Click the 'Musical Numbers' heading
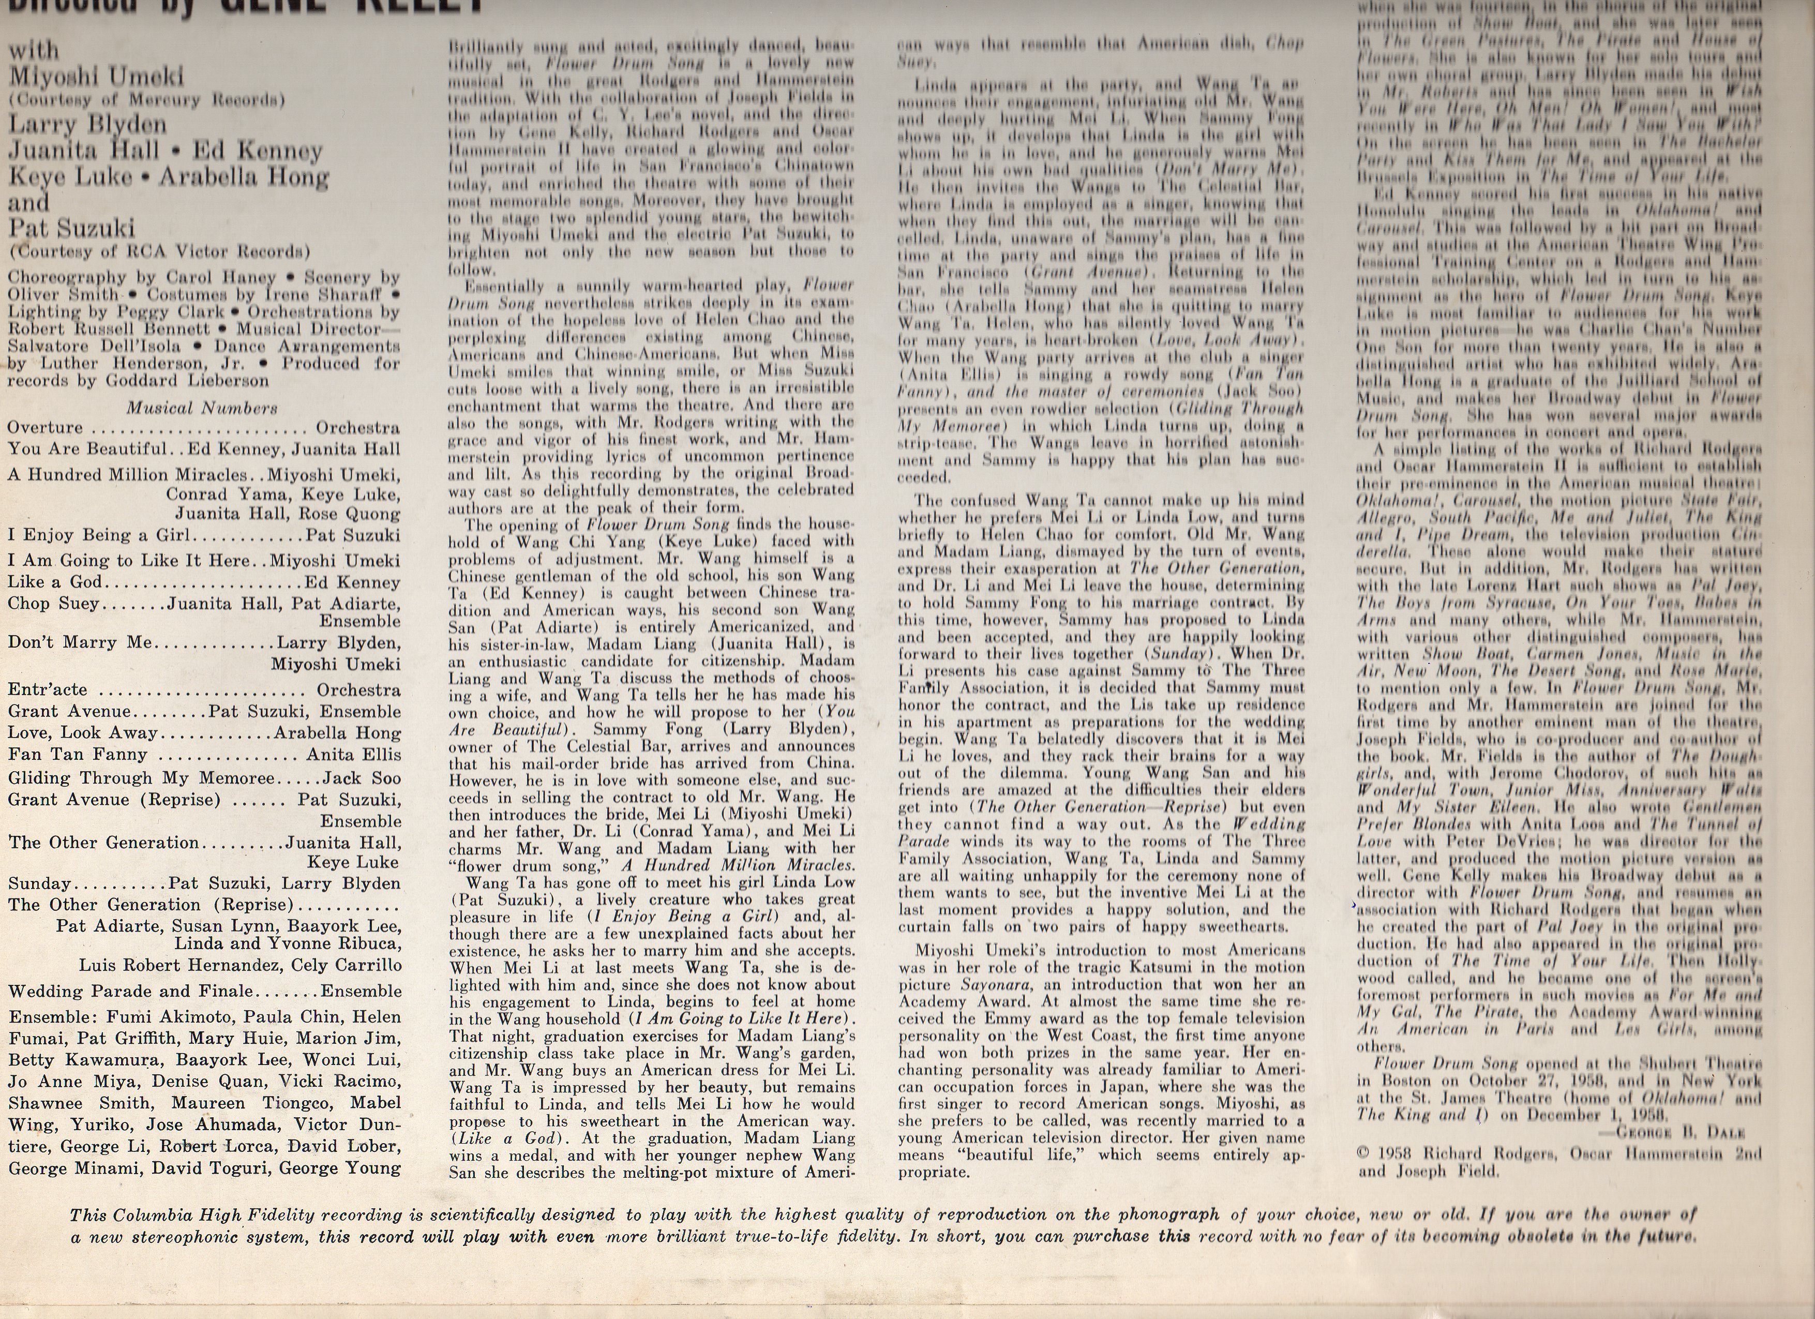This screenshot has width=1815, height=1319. (x=202, y=408)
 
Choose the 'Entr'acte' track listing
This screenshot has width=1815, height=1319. (x=47, y=690)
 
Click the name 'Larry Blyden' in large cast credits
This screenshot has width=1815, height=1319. (x=87, y=125)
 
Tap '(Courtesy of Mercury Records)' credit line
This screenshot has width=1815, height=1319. (x=148, y=101)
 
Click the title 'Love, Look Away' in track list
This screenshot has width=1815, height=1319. (x=82, y=733)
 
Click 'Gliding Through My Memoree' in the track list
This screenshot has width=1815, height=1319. (x=141, y=778)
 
